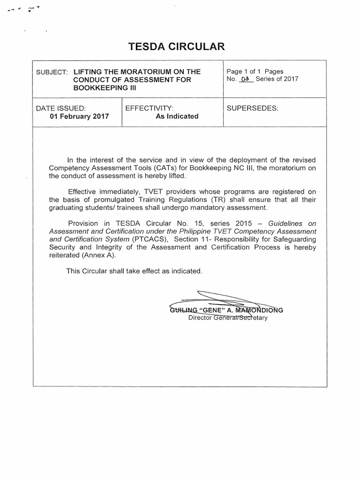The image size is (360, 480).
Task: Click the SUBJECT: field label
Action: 52,72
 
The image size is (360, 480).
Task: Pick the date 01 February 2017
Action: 79,116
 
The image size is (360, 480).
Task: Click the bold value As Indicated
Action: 177,116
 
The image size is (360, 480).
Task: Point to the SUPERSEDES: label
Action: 252,108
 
